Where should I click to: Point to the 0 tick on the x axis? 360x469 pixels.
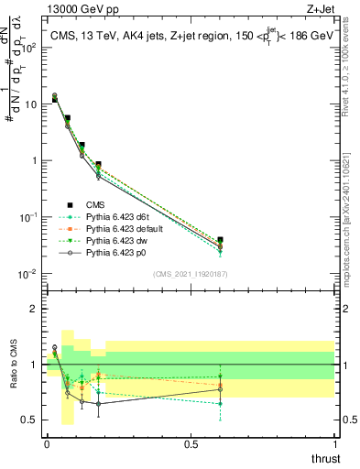click(47, 443)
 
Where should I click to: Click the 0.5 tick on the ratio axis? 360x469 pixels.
click(31, 420)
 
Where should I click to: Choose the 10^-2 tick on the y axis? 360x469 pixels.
click(30, 274)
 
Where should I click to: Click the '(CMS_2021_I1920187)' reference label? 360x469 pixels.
click(190, 274)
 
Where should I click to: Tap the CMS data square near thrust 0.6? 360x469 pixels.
click(219, 240)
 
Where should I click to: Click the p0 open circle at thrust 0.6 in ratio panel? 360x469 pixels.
click(219, 389)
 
